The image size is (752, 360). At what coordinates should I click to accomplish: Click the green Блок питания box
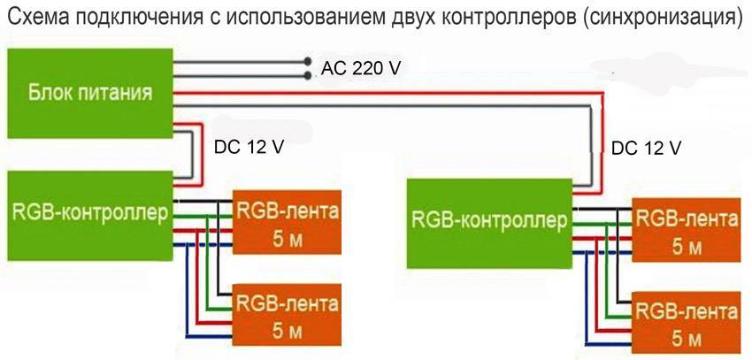88,92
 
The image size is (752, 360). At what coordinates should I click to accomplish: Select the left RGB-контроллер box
88,214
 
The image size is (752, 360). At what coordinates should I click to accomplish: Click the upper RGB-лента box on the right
686,230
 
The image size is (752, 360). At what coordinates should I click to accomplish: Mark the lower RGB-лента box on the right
686,323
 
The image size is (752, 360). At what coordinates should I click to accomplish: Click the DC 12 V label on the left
249,147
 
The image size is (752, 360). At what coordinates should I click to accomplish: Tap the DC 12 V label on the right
647,147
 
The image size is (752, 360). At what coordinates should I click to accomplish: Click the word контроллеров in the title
503,18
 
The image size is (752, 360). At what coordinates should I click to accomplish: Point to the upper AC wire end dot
307,62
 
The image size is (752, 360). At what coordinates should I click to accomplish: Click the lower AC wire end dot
307,75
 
